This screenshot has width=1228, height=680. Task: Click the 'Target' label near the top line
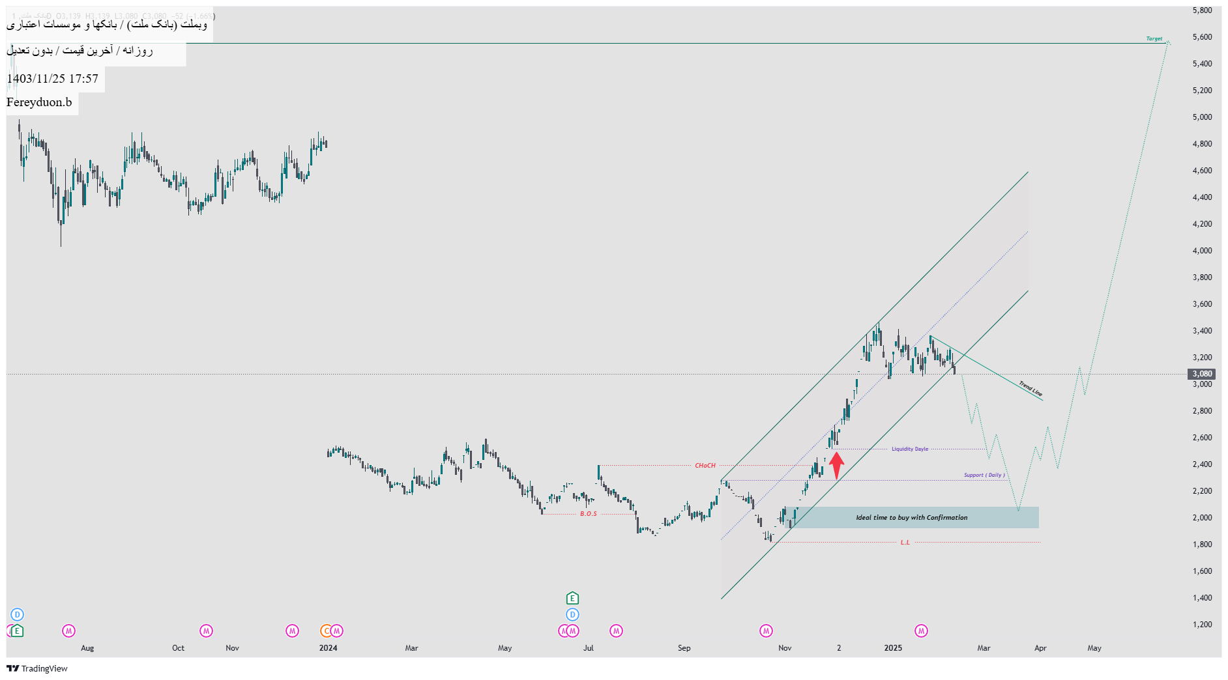tap(1154, 39)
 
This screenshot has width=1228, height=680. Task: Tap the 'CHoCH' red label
tap(705, 466)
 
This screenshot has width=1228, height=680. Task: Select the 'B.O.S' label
tap(589, 514)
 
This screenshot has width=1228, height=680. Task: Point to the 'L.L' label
tap(905, 543)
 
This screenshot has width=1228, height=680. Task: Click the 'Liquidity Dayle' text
tap(910, 449)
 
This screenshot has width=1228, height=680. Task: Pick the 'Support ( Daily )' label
tap(984, 475)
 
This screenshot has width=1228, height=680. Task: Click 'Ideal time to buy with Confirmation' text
tap(911, 518)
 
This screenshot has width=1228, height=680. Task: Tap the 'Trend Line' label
tap(1031, 389)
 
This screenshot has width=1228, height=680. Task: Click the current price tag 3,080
tap(1202, 374)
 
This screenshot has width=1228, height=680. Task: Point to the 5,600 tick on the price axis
tap(1202, 37)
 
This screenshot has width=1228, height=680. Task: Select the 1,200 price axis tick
tap(1202, 625)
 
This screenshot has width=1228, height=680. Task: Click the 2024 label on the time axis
tap(329, 648)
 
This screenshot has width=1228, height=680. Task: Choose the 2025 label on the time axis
tap(893, 648)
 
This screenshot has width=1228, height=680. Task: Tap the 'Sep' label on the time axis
tap(684, 648)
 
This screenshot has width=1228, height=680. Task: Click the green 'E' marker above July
tap(572, 598)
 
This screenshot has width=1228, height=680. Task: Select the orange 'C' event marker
tap(327, 631)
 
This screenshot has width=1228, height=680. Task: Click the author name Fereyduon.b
tap(39, 102)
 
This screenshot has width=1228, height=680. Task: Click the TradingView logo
tap(37, 668)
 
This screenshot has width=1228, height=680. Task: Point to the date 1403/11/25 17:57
tap(52, 79)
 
